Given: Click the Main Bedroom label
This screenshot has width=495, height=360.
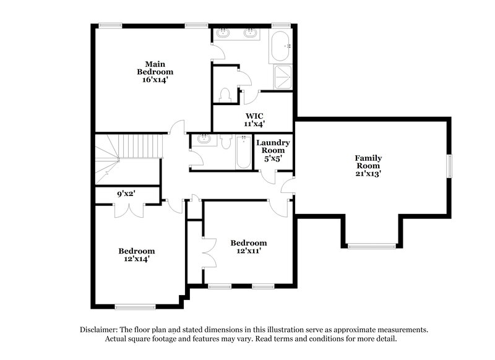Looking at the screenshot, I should (155, 67).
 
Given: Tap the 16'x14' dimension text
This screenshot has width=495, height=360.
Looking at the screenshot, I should (155, 80).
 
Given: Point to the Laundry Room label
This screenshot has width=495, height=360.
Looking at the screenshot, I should (273, 147).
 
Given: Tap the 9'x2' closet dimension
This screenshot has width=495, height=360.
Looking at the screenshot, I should (127, 194).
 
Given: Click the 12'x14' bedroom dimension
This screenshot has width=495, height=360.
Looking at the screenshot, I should (137, 259).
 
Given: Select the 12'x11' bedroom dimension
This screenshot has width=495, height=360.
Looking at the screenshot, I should (249, 251).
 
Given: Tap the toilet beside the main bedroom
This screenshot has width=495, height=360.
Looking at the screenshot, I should (225, 95).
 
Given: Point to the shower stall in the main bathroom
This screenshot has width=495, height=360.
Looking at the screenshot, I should (282, 77).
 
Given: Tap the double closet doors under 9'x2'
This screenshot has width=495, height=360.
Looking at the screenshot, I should (130, 209).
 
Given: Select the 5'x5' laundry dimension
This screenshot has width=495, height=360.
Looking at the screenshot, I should (273, 158).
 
